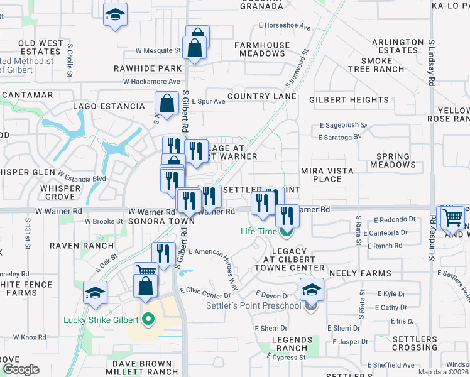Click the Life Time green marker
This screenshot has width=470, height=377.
pyautogui.click(x=287, y=232)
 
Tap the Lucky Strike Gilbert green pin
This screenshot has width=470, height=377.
pyautogui.click(x=148, y=319)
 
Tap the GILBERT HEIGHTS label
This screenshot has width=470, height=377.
pyautogui.click(x=340, y=100)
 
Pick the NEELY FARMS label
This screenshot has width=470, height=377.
pyautogui.click(x=360, y=274)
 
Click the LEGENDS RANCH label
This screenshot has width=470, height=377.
pyautogui.click(x=290, y=344)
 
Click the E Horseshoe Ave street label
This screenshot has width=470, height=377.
pyautogui.click(x=285, y=27)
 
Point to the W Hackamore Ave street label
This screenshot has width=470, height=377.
pyautogui.click(x=151, y=82)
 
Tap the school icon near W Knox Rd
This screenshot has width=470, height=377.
pyautogui.click(x=95, y=293)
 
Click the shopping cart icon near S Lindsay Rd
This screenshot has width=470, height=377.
pyautogui.click(x=452, y=217)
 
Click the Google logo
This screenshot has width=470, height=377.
pyautogui.click(x=21, y=369)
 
